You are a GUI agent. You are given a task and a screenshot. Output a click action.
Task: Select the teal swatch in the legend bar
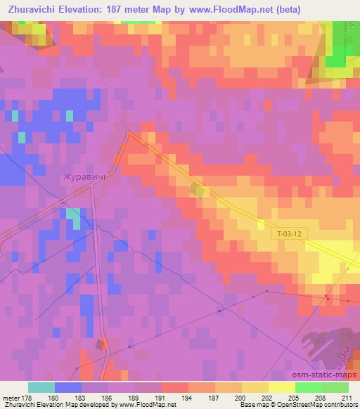[x=41, y=387]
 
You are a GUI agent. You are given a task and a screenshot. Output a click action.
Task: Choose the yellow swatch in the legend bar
[x=282, y=387]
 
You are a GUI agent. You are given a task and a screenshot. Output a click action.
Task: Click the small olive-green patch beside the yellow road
[x=198, y=190]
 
